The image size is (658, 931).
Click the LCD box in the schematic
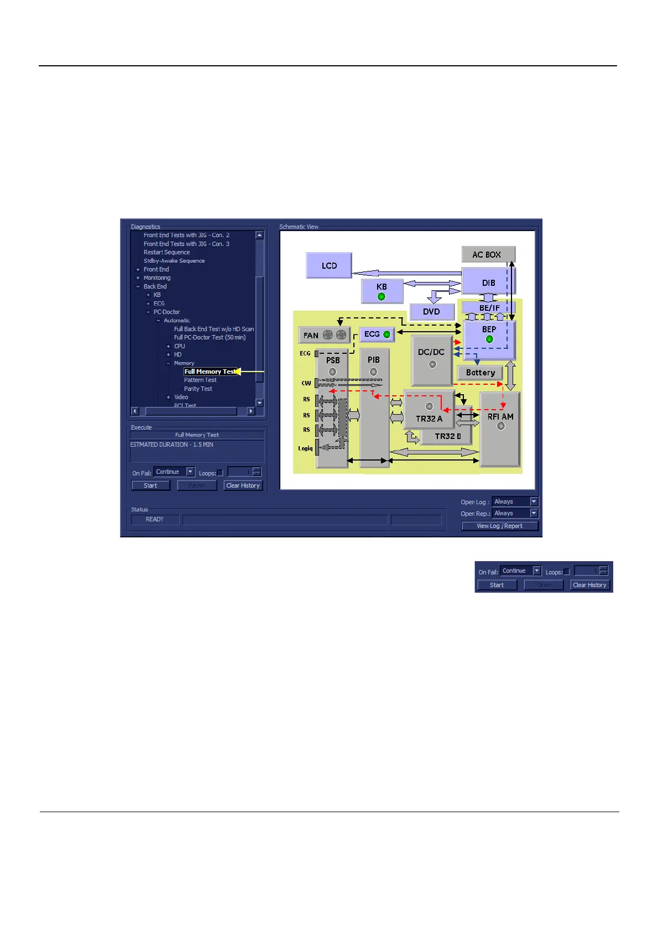(329, 265)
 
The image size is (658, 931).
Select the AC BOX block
(487, 254)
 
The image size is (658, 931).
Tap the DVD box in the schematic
(431, 312)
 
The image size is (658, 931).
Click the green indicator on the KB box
(381, 297)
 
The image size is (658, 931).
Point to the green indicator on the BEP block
(489, 339)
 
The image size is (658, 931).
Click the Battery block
(480, 373)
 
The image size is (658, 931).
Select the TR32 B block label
(447, 436)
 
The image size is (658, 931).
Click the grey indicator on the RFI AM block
(500, 426)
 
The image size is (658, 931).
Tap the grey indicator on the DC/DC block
(432, 364)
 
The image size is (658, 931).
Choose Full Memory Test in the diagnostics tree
(210, 372)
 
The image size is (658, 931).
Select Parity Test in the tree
(198, 389)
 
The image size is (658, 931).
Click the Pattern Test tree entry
(200, 380)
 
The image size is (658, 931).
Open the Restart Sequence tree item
(166, 252)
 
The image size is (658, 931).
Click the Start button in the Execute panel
(150, 485)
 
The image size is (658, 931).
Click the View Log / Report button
(499, 526)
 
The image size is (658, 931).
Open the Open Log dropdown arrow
(534, 501)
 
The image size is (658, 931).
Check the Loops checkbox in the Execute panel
(220, 473)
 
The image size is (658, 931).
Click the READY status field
(155, 519)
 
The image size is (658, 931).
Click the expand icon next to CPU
(169, 346)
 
